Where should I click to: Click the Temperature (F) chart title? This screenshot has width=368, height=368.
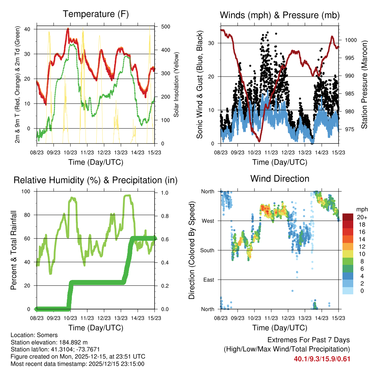96,14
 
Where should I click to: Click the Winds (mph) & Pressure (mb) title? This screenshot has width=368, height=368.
280,15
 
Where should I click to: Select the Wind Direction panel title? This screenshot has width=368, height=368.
280,179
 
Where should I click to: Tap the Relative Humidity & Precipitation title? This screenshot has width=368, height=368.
96,180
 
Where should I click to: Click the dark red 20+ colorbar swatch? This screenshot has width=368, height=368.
348,217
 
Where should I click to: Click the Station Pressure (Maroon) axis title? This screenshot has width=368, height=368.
364,85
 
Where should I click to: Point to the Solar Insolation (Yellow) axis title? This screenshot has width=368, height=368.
176,85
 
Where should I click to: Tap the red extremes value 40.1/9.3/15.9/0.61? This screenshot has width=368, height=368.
322,359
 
